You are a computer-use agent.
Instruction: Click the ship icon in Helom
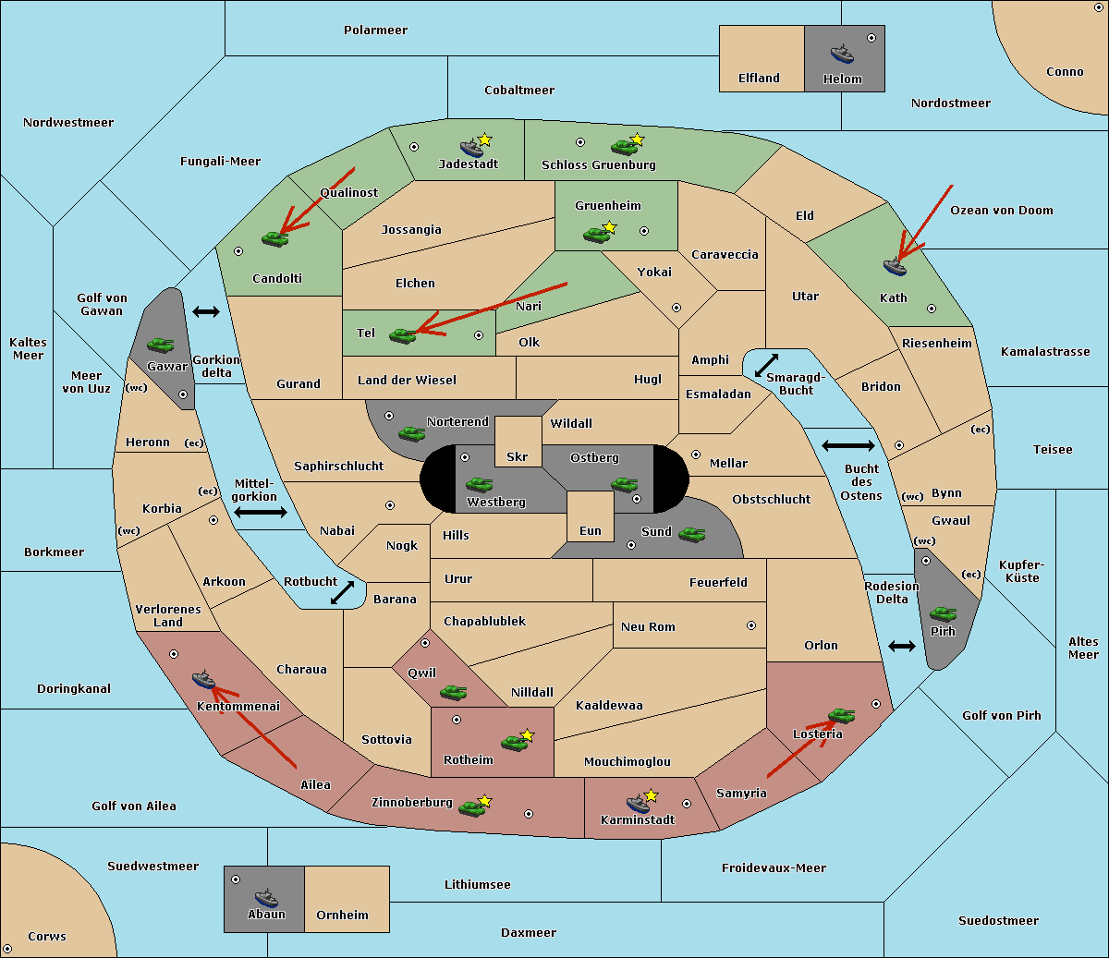pyautogui.click(x=842, y=54)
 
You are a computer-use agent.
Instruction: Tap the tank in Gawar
pyautogui.click(x=161, y=345)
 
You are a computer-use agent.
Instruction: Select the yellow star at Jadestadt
pyautogui.click(x=484, y=139)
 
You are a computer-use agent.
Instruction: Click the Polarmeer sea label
pyautogui.click(x=375, y=30)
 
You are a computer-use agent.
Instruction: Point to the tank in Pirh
pyautogui.click(x=943, y=613)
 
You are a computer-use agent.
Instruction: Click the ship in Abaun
pyautogui.click(x=266, y=897)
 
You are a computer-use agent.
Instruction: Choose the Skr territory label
pyautogui.click(x=518, y=456)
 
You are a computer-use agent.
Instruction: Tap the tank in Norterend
pyautogui.click(x=411, y=433)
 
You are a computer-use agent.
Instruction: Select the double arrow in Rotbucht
pyautogui.click(x=342, y=592)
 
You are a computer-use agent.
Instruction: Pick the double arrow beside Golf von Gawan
pyautogui.click(x=206, y=311)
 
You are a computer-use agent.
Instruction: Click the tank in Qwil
pyautogui.click(x=454, y=692)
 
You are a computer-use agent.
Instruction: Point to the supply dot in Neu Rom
pyautogui.click(x=751, y=625)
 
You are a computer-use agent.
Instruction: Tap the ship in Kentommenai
pyautogui.click(x=204, y=679)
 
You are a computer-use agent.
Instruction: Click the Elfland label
pyautogui.click(x=759, y=79)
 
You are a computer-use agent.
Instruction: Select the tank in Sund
pyautogui.click(x=691, y=534)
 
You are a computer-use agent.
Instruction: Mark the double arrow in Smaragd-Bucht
pyautogui.click(x=766, y=365)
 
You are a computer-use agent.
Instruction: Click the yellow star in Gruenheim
pyautogui.click(x=609, y=227)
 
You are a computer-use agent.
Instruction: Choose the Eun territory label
pyautogui.click(x=591, y=531)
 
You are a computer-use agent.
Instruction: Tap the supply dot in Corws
pyautogui.click(x=7, y=949)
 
